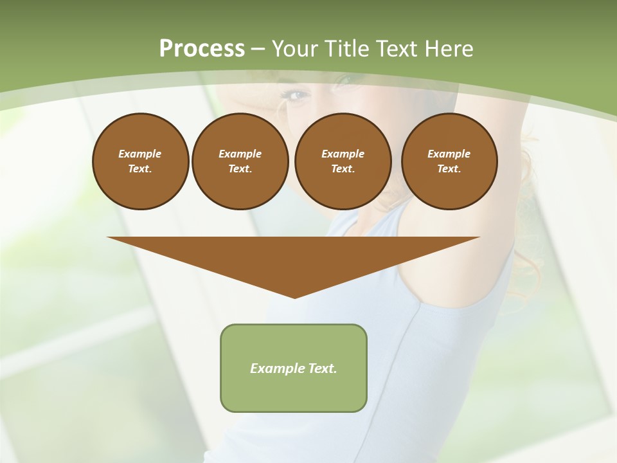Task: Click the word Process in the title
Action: click(x=202, y=49)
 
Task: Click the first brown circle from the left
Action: click(x=141, y=161)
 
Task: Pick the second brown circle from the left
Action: click(x=240, y=161)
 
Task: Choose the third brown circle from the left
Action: click(x=343, y=161)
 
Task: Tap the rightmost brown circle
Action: click(x=449, y=161)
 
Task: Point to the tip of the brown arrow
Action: click(x=294, y=296)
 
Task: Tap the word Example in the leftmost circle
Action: click(x=140, y=154)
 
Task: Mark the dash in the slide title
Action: click(x=258, y=49)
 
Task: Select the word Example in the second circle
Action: click(x=240, y=154)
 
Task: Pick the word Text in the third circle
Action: click(x=342, y=169)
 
